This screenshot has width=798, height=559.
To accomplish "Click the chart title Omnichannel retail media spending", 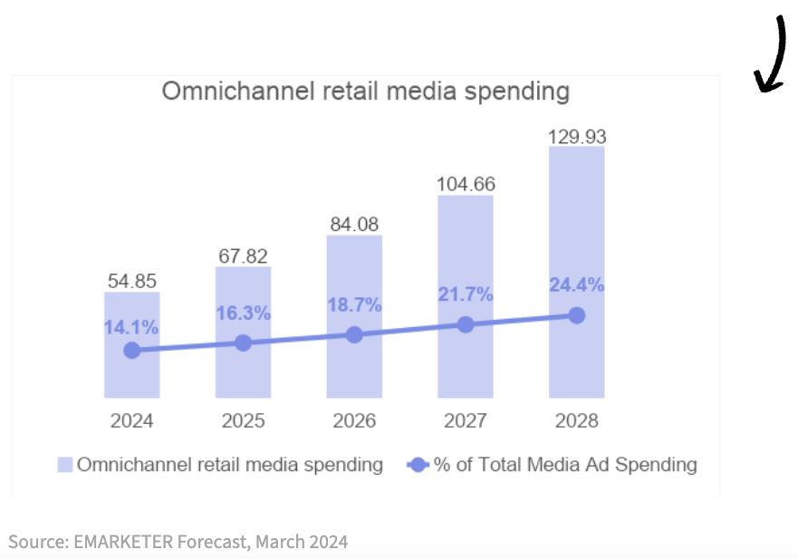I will coord(365,92).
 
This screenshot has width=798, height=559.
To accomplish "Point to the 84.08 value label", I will coord(354,224).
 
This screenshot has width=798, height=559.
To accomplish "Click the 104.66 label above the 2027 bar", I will coord(466,184).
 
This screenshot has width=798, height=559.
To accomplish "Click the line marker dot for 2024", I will coord(132,351).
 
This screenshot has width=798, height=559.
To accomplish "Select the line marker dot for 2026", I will coord(354,334).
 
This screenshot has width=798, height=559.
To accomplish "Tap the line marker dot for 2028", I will coord(577,315).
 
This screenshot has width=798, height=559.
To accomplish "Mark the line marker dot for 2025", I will coord(243,343).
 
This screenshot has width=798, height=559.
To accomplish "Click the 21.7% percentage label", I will coord(466,294).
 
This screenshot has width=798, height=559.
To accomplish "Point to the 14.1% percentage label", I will coord(131,327).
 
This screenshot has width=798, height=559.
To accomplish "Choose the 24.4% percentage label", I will coord(577,284).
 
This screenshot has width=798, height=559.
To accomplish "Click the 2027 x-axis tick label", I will coord(466,421).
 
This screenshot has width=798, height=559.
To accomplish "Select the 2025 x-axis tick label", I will coord(243,421).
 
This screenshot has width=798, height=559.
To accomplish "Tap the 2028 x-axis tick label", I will coord(577,421).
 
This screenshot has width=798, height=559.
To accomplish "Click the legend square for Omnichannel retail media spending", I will coord(65,465).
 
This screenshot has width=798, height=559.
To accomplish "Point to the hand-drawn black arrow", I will coord(773,57).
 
